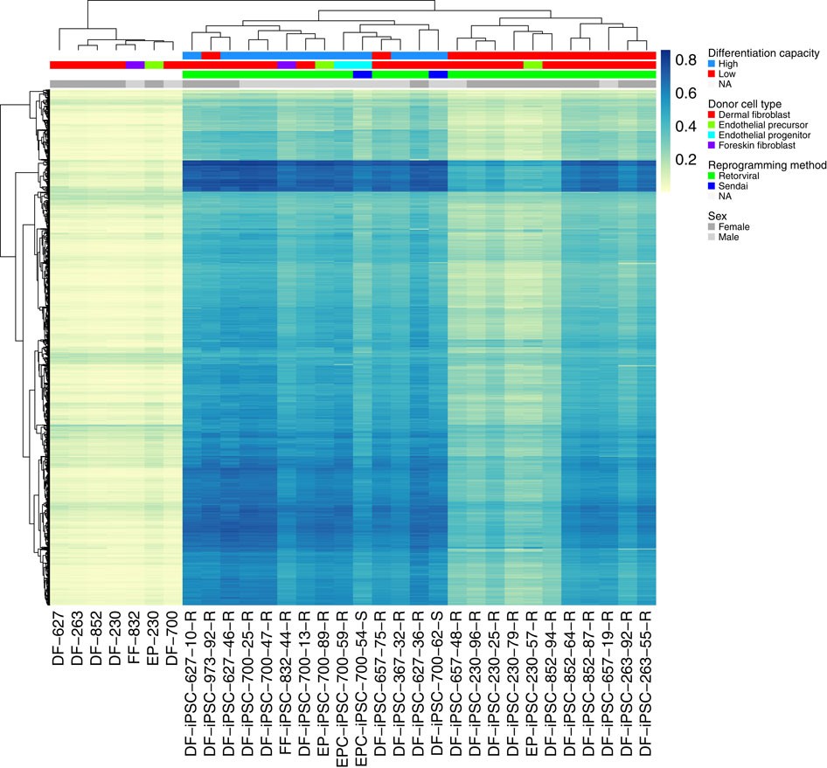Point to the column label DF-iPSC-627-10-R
191,682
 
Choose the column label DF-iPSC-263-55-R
646,682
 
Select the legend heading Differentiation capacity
763,53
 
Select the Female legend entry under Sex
734,226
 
